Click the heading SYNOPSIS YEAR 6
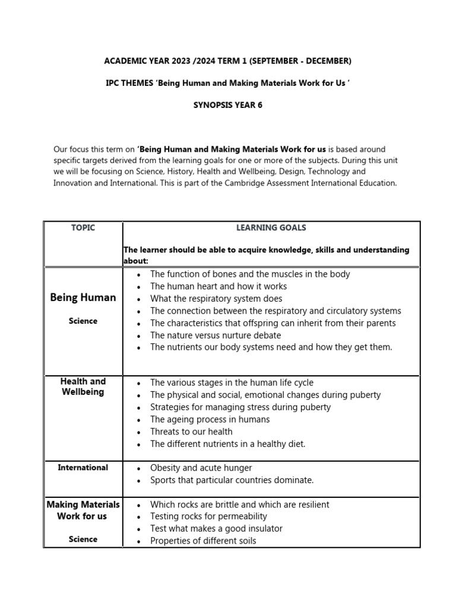(227, 105)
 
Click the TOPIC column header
(83, 228)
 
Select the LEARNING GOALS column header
(271, 228)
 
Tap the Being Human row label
(83, 297)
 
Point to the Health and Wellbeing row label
(83, 386)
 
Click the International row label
(83, 468)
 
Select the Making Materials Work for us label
(83, 510)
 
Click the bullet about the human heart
(218, 286)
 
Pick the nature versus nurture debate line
(216, 336)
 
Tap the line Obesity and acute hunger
(201, 468)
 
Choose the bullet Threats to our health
(191, 432)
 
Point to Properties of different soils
(203, 541)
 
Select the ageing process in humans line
(210, 420)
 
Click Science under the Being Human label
(83, 321)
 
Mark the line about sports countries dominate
(232, 480)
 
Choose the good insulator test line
(216, 529)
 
